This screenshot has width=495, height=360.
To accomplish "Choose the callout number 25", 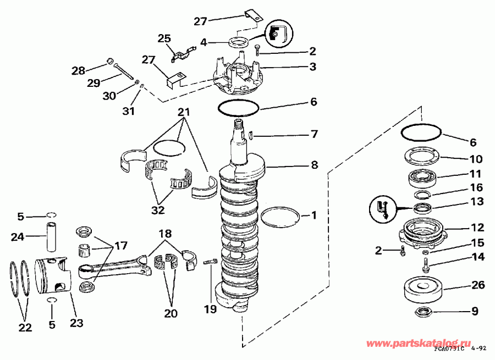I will click(x=164, y=39).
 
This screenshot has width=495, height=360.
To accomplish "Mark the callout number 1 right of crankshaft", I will click(x=314, y=215).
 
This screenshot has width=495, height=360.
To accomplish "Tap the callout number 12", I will click(x=476, y=227).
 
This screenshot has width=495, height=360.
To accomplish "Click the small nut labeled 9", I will click(x=425, y=313).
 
